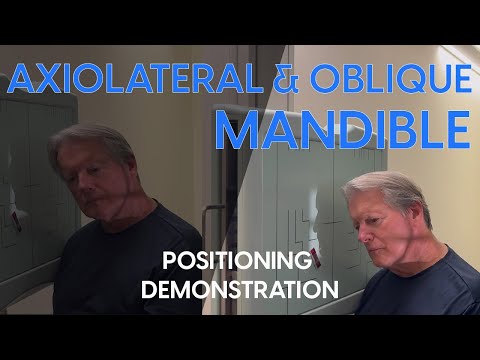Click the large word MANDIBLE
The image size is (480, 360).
[x=343, y=129]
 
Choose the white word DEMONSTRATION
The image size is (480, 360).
[x=236, y=291]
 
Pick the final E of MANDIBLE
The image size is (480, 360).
[x=454, y=129]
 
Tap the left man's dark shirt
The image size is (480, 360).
[x=120, y=260]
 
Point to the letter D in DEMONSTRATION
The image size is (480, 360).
[x=150, y=291]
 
